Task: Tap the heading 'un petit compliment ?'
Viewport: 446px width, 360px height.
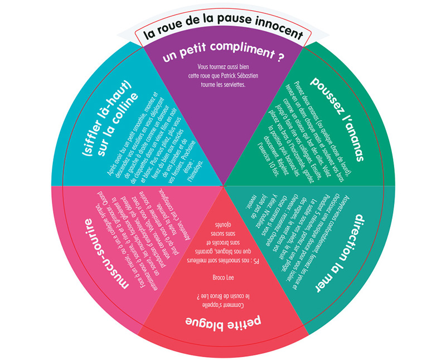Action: [x=223, y=57]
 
